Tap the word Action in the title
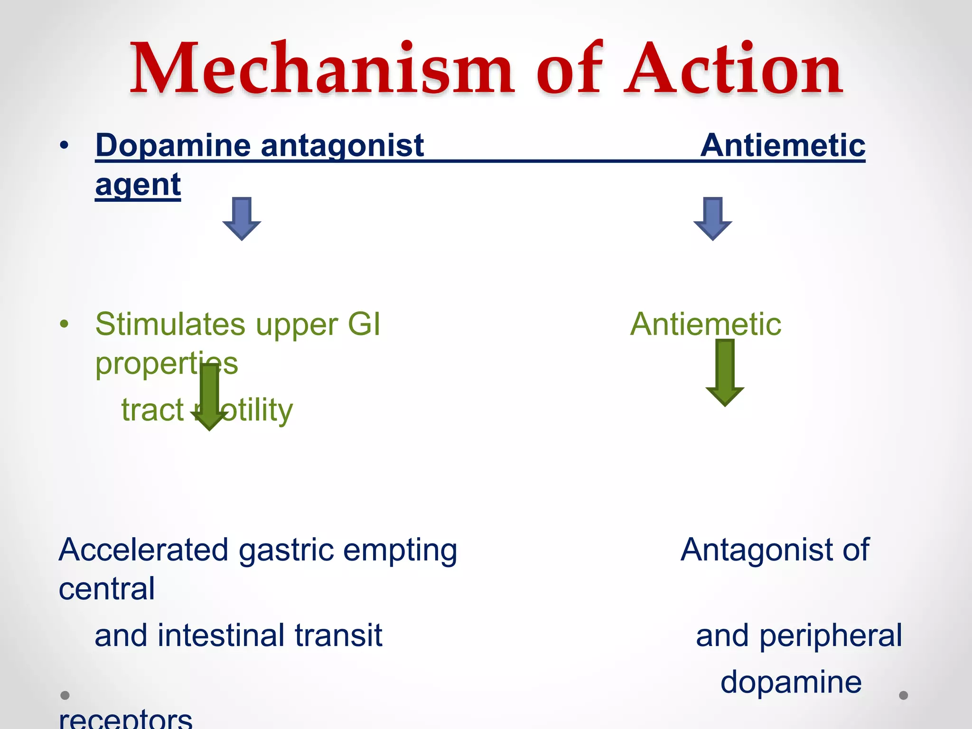(733, 69)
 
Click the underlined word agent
(138, 185)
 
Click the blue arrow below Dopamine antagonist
(242, 218)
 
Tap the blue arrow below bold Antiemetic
(713, 218)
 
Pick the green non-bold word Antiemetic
(706, 325)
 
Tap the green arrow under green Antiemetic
(725, 373)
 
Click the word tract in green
(152, 410)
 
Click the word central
(107, 589)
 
